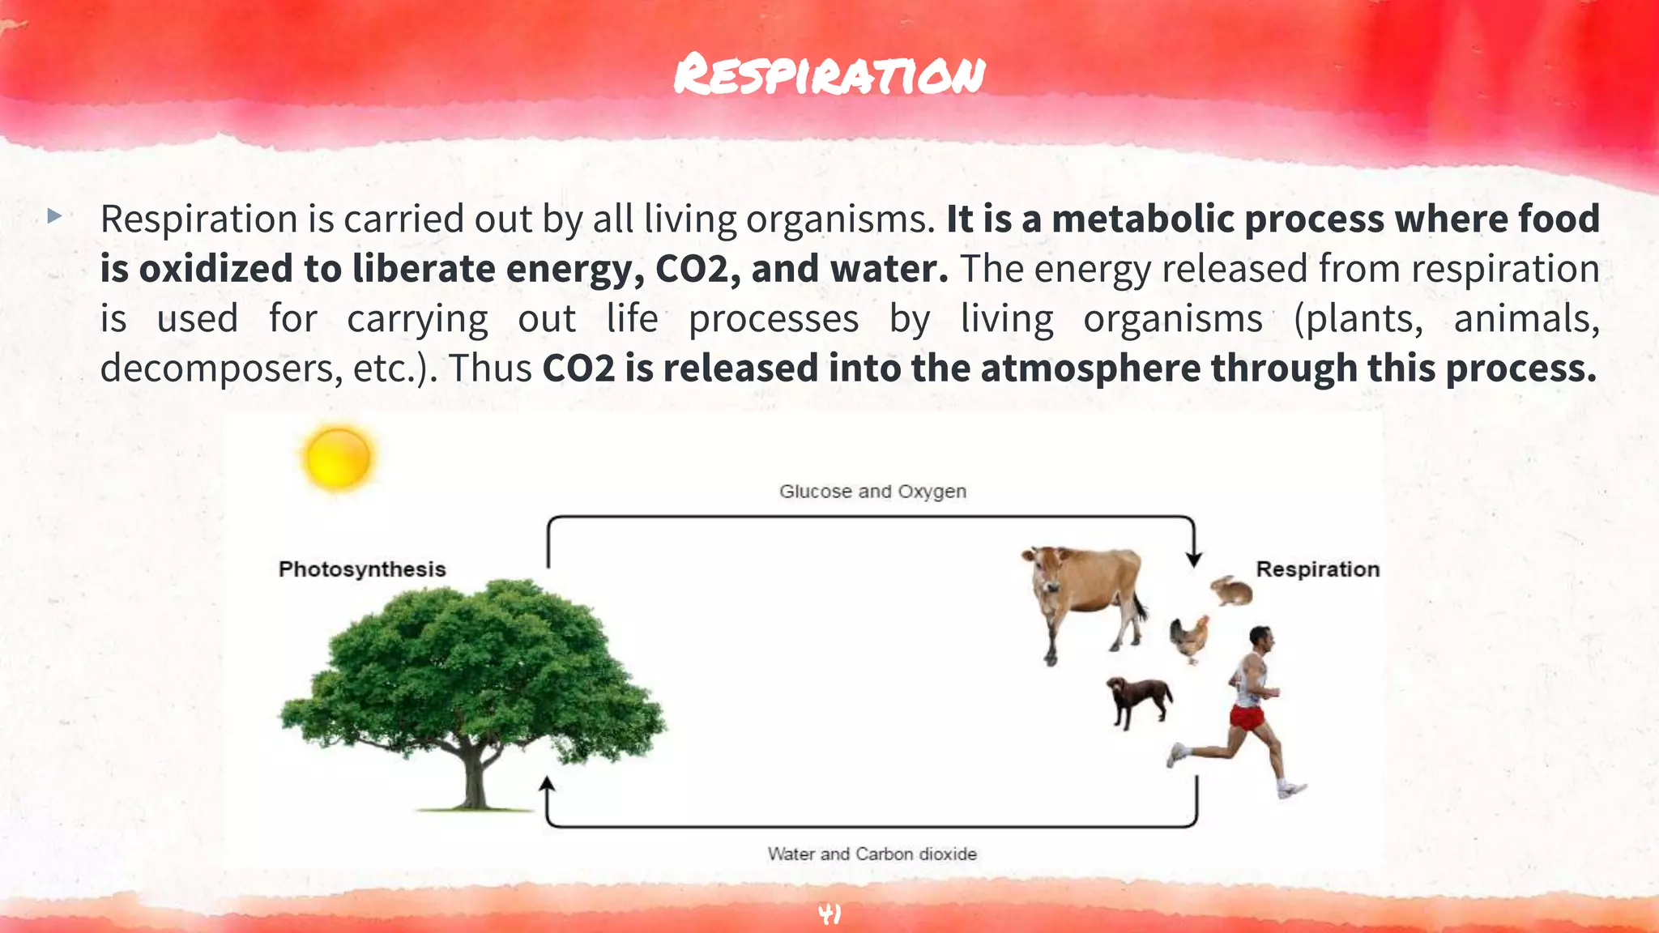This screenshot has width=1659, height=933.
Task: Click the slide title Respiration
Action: [829, 75]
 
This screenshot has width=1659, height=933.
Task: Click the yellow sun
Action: [339, 457]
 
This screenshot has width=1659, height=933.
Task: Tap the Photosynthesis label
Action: [362, 569]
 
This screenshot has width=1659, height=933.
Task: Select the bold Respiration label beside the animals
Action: [1317, 569]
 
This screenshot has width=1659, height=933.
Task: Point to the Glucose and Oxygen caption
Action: [872, 491]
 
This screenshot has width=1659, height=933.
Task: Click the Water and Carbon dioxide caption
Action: [872, 854]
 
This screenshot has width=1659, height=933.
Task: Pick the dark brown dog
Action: [1138, 698]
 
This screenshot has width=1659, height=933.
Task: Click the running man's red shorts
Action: [1247, 717]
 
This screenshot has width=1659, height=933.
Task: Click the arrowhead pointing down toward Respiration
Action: [1194, 560]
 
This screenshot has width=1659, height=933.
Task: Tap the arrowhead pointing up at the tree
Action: [548, 784]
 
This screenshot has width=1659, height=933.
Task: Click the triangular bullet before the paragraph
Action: [54, 216]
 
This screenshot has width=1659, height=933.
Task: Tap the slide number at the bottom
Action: [829, 914]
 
